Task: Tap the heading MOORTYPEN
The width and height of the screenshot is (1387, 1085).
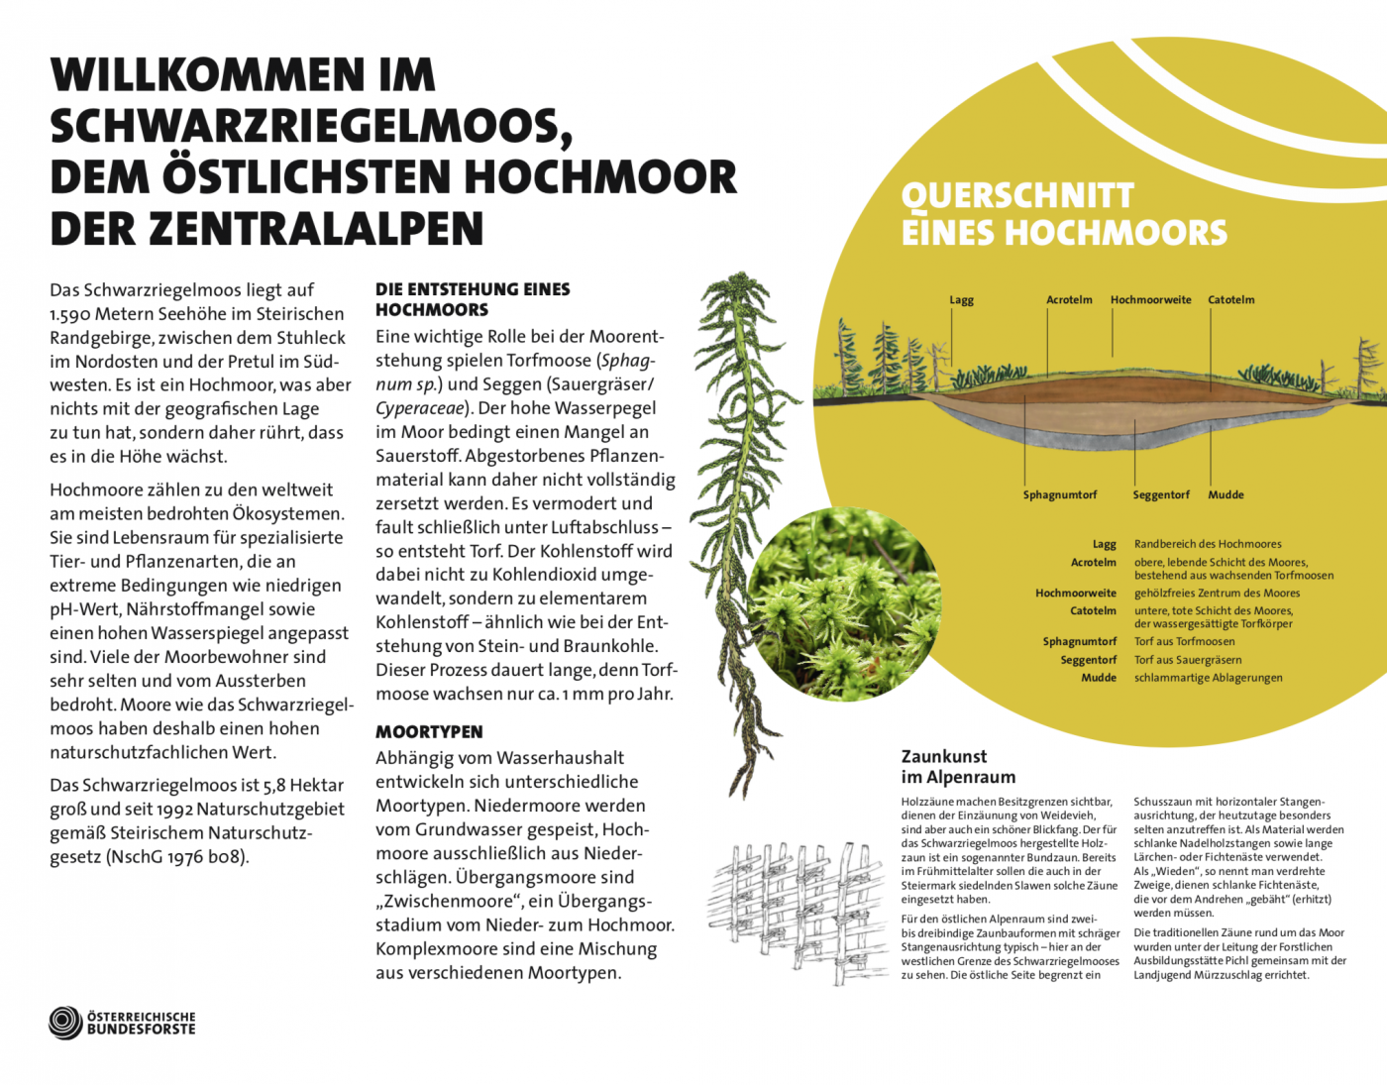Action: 429,732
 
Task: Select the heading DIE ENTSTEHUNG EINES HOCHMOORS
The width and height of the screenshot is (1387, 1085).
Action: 472,299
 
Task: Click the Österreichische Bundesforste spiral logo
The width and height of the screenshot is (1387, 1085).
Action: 65,1023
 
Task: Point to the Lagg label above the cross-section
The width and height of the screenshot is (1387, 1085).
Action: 961,300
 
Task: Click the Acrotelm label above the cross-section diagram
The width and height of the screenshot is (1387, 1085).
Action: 1069,300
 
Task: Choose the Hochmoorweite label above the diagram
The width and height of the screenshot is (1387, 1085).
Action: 1150,300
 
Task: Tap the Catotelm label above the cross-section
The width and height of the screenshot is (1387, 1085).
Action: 1230,300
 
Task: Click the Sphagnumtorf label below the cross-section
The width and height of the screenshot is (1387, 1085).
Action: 1060,494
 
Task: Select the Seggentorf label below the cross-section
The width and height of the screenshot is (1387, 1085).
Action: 1161,494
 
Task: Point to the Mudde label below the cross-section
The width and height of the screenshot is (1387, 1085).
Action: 1226,494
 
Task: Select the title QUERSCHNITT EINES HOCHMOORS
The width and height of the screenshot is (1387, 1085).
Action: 1063,214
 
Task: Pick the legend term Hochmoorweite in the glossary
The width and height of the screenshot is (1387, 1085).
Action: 1075,594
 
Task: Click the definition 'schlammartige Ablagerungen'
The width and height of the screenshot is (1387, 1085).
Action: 1208,678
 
